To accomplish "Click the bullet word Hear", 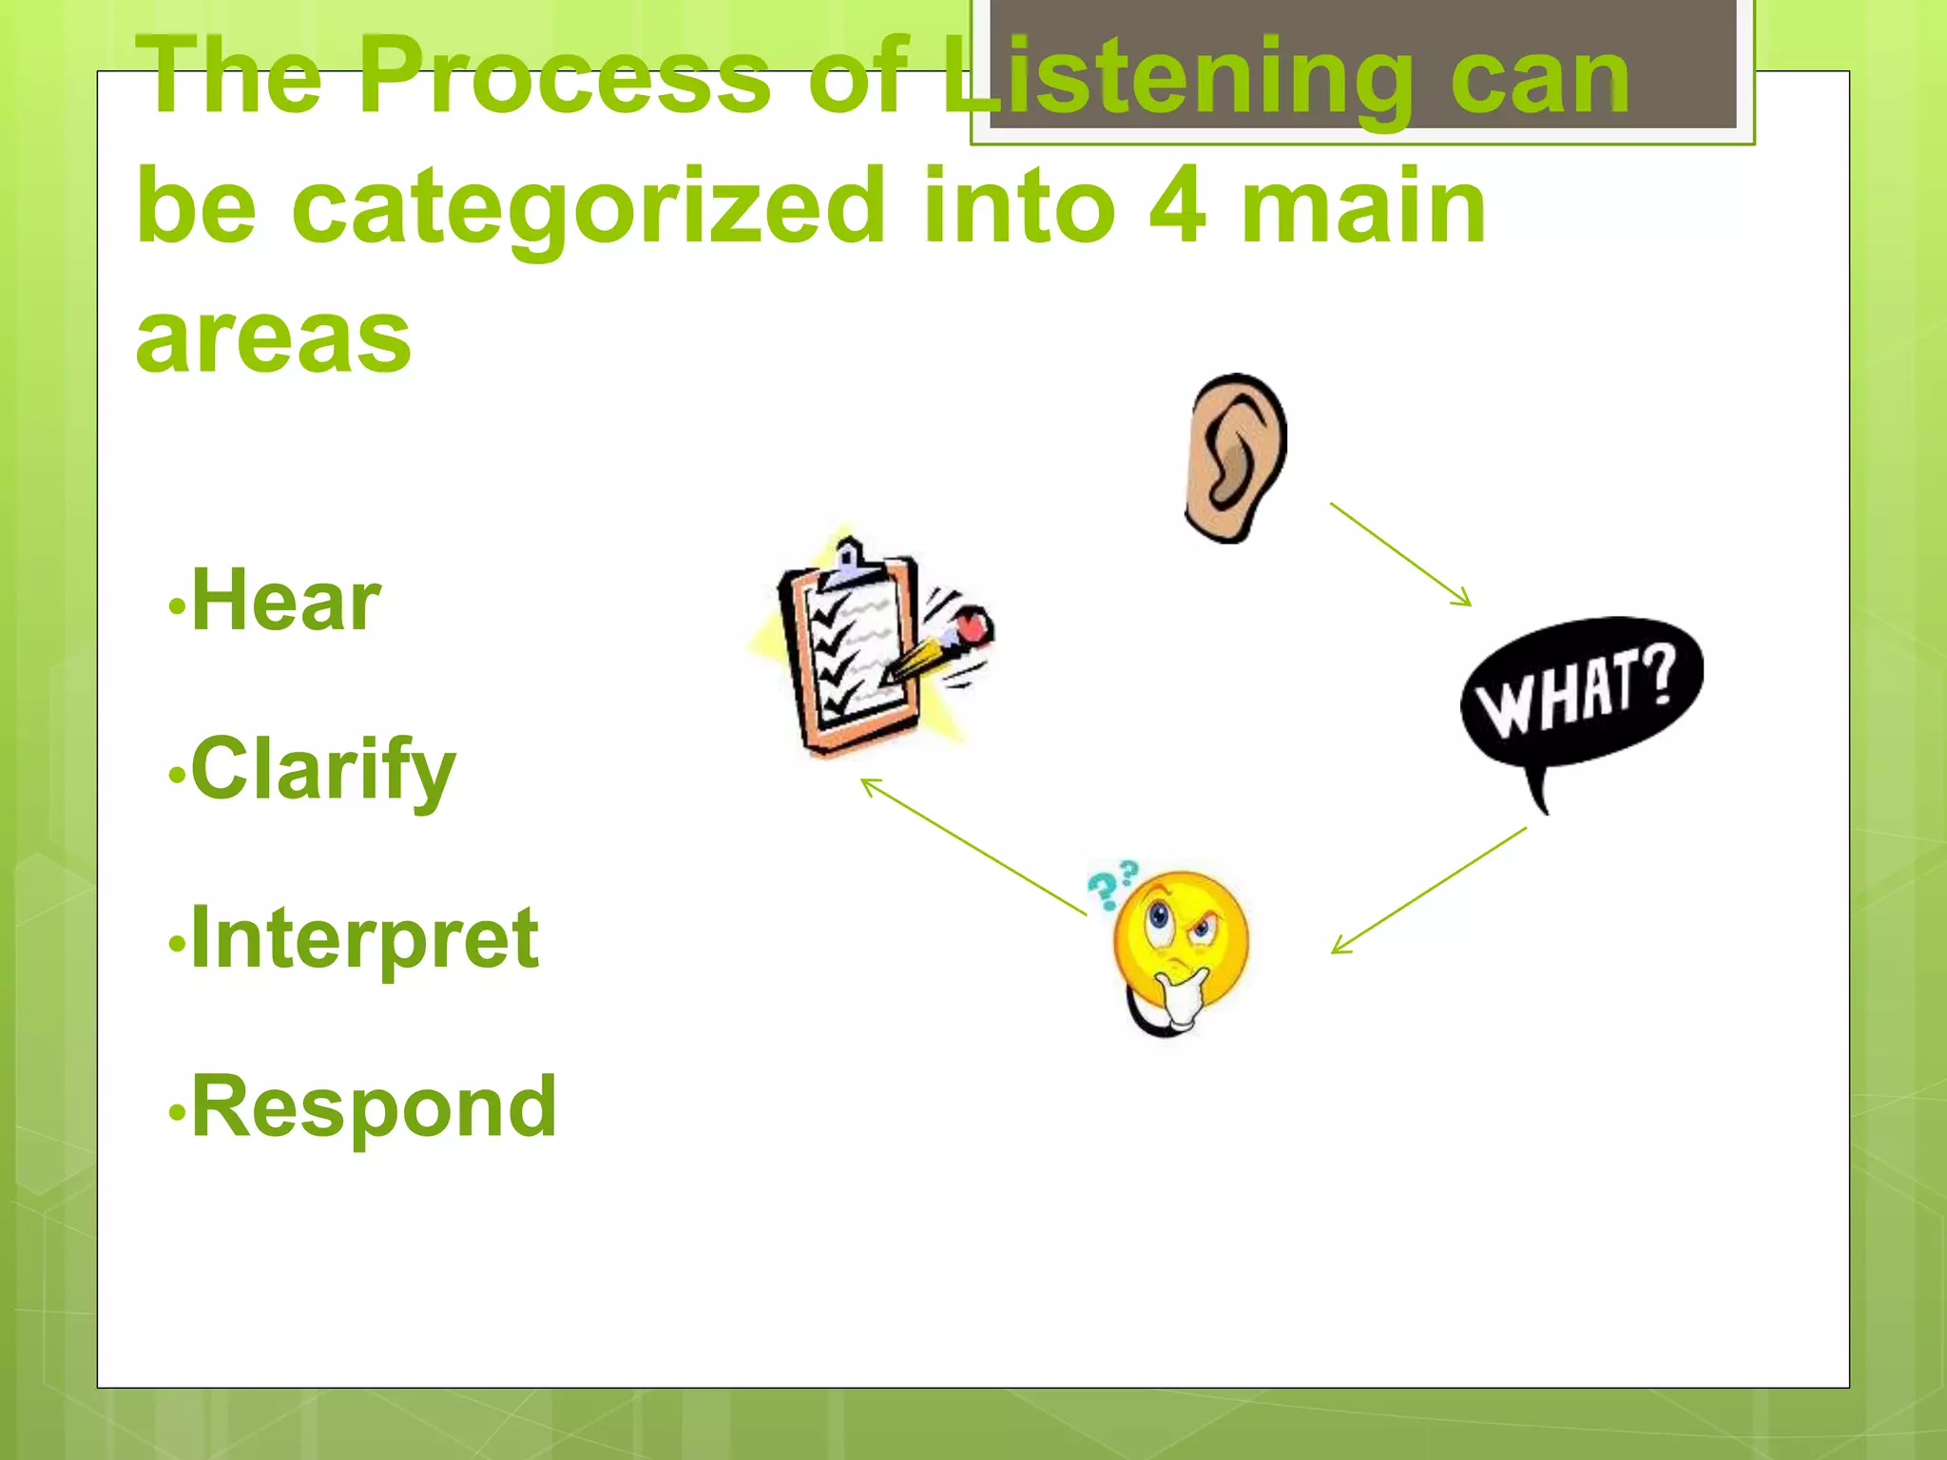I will click(285, 601).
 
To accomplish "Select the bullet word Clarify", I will click(323, 770).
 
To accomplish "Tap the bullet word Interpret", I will click(365, 939).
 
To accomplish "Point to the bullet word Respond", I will click(374, 1106).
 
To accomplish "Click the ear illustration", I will click(1235, 458).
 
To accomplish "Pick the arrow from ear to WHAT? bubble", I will click(1400, 554).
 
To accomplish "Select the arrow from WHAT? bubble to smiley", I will click(1429, 890).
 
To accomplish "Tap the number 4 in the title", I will click(1177, 206).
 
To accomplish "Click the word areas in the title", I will click(274, 339).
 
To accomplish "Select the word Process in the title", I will click(565, 76).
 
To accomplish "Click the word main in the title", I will click(1363, 206).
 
